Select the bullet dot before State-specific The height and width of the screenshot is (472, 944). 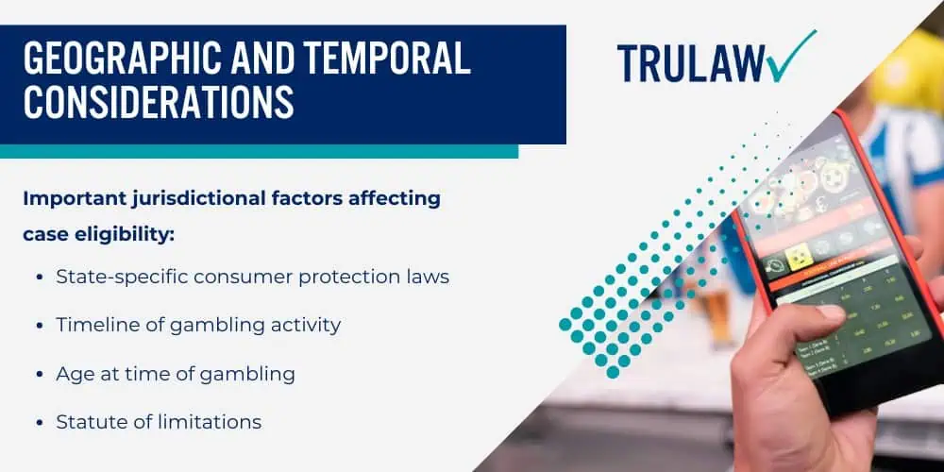[x=39, y=278]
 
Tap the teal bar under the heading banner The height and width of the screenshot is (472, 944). [x=259, y=151]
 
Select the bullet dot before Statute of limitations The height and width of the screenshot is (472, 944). [x=39, y=422]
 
